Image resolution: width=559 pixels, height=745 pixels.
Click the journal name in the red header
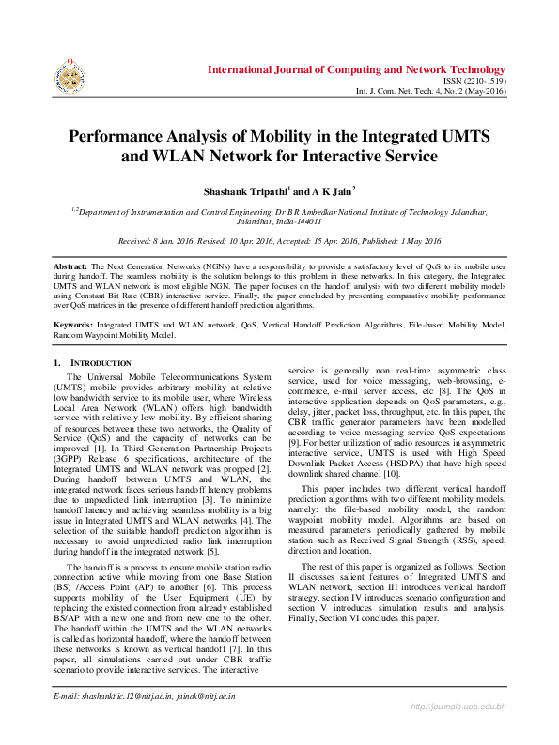(356, 69)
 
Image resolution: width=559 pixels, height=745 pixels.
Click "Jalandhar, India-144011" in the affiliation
(279, 222)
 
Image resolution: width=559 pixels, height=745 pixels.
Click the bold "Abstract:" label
(70, 267)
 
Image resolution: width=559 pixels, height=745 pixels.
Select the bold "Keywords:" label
(74, 324)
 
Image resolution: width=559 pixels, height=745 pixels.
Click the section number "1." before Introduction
(57, 363)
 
